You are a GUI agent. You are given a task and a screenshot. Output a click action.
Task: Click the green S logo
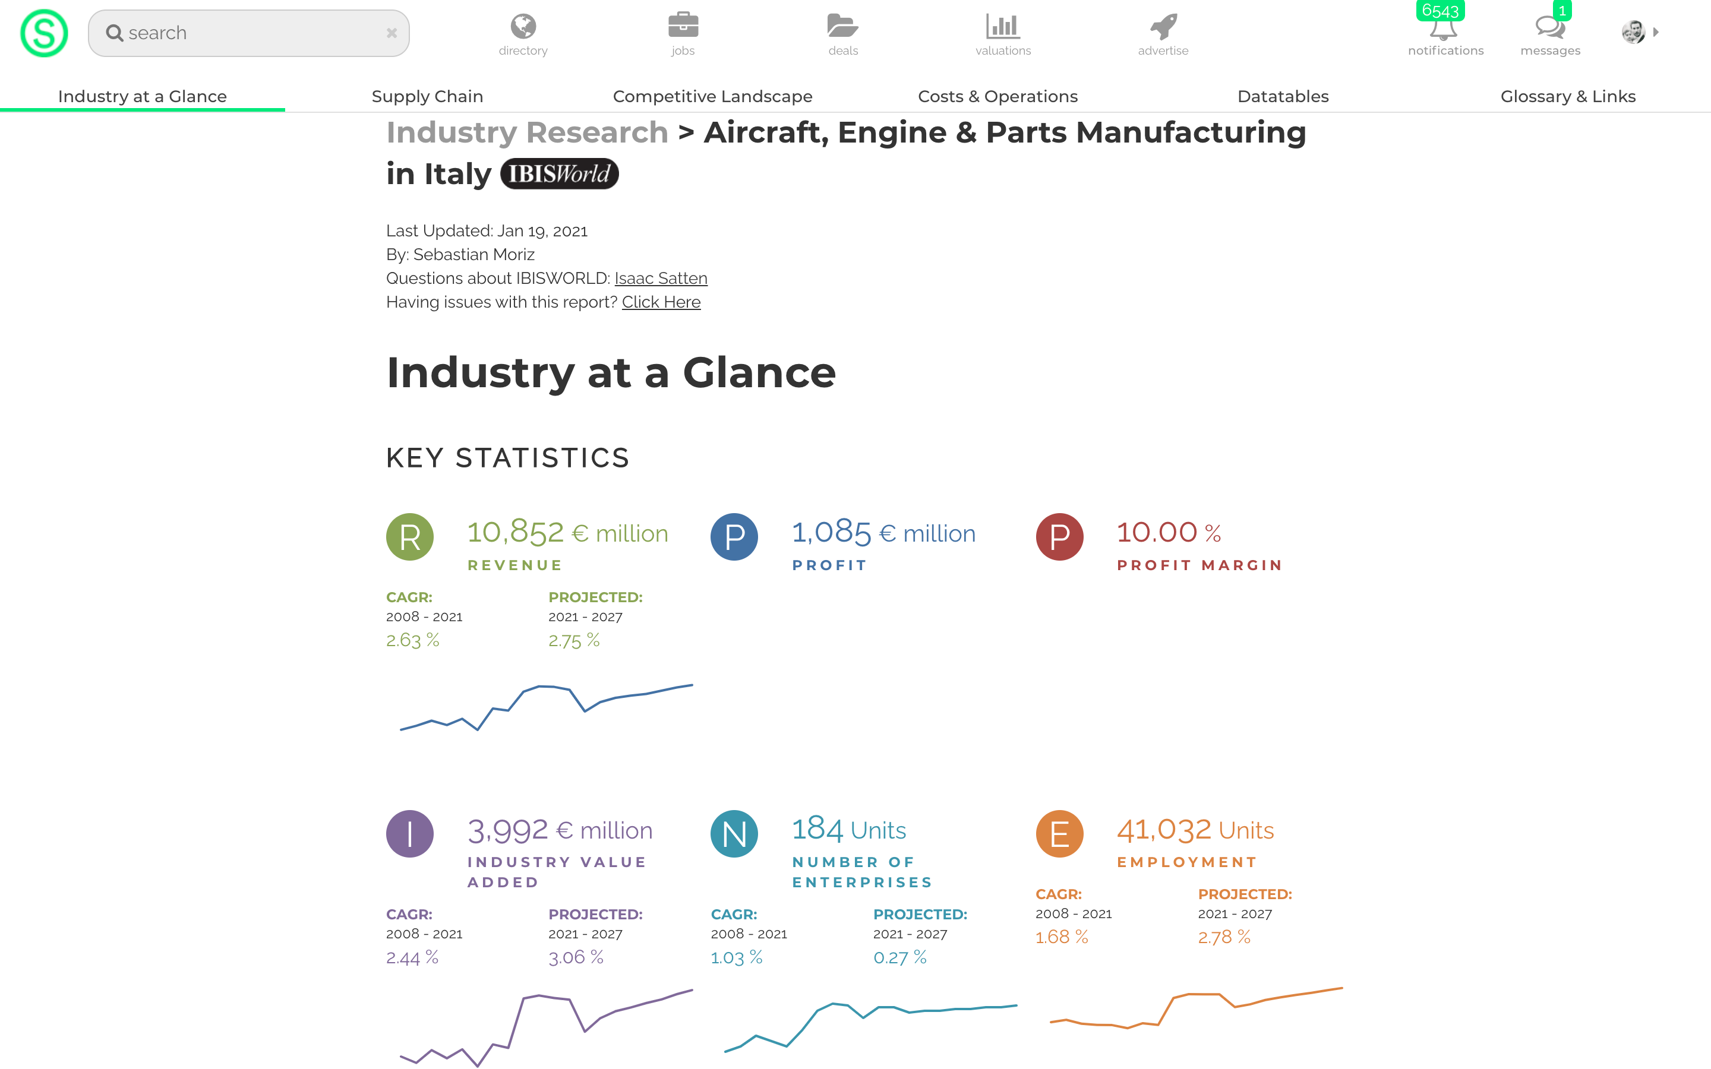point(44,33)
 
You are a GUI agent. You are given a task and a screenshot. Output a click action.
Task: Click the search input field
point(248,33)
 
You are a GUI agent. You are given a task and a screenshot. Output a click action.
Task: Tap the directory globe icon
point(523,27)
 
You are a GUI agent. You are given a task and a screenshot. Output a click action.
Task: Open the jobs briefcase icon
point(683,26)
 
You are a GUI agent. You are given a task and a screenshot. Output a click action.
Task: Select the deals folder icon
point(843,26)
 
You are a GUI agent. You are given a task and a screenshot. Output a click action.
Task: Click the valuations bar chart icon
point(1003,27)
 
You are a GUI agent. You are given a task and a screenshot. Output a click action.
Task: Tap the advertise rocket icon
point(1163,27)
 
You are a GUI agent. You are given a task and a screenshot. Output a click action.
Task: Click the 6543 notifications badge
point(1440,11)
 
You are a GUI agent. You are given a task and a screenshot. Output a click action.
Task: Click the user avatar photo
point(1633,32)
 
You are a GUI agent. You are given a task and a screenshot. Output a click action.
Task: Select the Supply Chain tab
point(427,96)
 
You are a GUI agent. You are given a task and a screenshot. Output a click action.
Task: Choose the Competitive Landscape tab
point(712,96)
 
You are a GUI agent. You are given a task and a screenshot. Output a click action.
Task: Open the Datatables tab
point(1283,96)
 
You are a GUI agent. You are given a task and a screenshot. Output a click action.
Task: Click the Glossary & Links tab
point(1567,96)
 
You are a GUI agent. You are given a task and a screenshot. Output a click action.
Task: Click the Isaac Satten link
point(661,279)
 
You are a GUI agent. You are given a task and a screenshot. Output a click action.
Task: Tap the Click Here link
point(661,303)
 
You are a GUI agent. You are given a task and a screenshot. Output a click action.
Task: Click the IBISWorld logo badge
point(559,174)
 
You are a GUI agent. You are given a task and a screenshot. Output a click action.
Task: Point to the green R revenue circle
point(410,537)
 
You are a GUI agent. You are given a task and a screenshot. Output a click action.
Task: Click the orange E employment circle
point(1059,834)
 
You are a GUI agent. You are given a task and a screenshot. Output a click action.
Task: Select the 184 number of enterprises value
point(817,829)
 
